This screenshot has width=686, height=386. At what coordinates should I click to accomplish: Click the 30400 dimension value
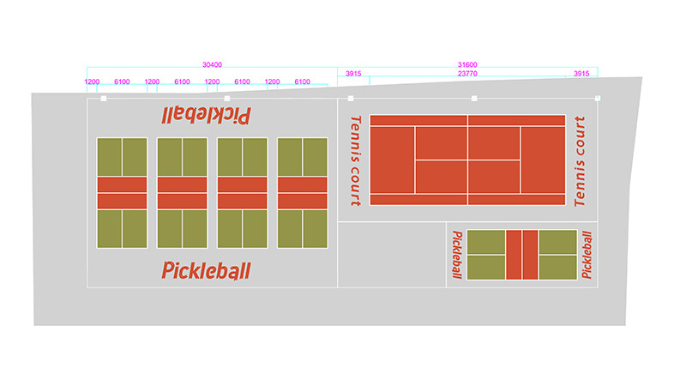(x=212, y=65)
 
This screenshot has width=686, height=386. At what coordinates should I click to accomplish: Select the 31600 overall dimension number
(x=467, y=65)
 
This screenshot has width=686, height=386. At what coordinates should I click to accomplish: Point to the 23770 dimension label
(x=467, y=74)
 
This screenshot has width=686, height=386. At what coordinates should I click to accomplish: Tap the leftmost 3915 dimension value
(x=353, y=74)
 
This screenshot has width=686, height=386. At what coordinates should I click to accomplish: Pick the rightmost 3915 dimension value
(x=581, y=74)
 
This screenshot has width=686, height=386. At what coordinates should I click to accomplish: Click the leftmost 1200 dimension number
(x=92, y=81)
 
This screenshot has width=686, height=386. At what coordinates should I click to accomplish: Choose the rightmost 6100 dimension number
(x=303, y=81)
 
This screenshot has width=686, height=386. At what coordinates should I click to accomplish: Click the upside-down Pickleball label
(x=206, y=116)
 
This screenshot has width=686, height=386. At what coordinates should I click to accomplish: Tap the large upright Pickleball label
(x=206, y=270)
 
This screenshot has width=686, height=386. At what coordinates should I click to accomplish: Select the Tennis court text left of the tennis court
(x=356, y=160)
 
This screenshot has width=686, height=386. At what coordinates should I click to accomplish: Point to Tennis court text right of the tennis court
(x=580, y=161)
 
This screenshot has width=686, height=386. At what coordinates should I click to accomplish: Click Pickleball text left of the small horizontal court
(x=457, y=255)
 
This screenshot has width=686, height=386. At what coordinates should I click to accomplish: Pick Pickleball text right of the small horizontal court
(x=587, y=255)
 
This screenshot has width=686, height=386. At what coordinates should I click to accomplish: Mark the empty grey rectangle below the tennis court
(x=392, y=255)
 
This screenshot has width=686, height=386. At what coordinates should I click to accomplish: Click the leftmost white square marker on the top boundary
(x=104, y=99)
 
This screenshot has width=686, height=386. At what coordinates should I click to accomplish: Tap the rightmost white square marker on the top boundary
(x=598, y=99)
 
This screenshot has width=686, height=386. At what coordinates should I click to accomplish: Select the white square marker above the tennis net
(x=474, y=99)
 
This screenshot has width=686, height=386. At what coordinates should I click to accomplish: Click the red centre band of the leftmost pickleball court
(x=122, y=193)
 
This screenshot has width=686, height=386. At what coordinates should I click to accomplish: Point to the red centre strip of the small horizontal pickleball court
(x=522, y=255)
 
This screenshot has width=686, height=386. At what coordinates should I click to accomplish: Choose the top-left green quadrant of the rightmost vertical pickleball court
(x=290, y=157)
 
